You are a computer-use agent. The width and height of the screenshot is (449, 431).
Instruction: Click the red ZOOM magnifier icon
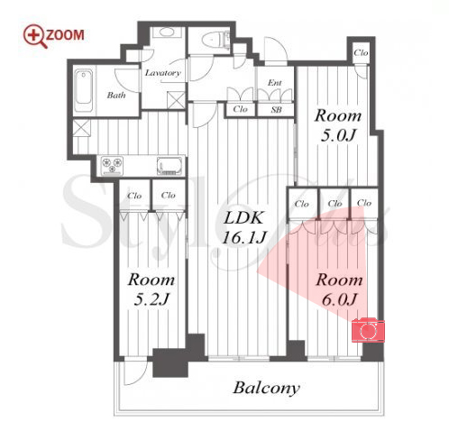point(34,36)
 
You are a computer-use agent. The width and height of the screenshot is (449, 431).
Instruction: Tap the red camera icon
point(368,330)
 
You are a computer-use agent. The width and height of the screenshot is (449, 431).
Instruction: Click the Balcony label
point(267,388)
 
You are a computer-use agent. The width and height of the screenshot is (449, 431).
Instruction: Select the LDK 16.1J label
point(243,227)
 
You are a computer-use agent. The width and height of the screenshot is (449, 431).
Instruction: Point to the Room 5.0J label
point(338,125)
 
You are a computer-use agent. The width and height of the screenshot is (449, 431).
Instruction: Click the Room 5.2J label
point(151,289)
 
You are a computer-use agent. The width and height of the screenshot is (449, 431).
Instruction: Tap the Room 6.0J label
point(339,289)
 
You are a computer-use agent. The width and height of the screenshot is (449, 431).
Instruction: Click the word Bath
point(116,96)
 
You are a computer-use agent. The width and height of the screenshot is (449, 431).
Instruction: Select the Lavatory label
point(163,73)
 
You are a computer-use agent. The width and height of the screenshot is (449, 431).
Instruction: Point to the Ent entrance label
point(275,82)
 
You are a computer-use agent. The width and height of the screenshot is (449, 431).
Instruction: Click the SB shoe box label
point(276,110)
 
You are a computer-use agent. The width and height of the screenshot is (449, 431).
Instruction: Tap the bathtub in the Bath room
point(84,91)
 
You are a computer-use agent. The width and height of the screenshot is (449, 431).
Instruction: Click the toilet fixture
point(215,39)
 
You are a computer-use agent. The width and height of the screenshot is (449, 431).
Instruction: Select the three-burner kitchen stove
point(112,165)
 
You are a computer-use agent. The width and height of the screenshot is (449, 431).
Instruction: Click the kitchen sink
point(170,166)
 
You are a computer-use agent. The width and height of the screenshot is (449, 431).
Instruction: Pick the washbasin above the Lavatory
point(166,32)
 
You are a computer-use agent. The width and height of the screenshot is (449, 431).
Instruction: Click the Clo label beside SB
point(240,109)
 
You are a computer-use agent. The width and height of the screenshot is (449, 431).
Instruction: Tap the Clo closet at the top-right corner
point(361,53)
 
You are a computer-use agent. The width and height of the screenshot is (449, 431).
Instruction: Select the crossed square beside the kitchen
point(81,128)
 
